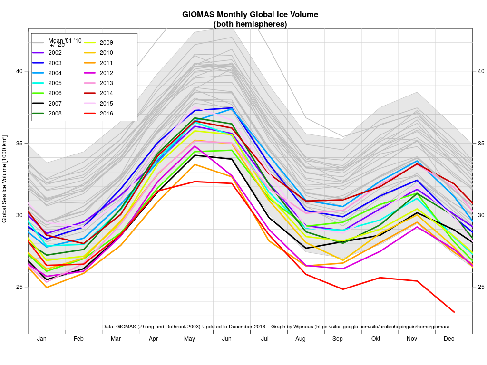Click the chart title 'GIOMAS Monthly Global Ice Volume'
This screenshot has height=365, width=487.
click(x=250, y=15)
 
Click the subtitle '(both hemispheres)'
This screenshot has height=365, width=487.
click(x=250, y=24)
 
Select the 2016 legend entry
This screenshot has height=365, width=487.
click(x=106, y=113)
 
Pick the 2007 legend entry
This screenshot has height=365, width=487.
click(x=55, y=103)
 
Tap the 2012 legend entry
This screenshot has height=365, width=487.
click(x=106, y=73)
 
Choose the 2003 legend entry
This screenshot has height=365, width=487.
click(x=55, y=63)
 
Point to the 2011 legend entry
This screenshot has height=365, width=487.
click(x=106, y=63)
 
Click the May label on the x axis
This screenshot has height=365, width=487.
click(x=190, y=339)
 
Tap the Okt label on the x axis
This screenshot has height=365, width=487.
click(x=376, y=339)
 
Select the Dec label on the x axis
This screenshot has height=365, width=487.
click(x=449, y=339)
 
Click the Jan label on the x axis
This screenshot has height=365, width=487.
click(x=42, y=339)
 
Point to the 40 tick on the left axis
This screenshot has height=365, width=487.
click(x=19, y=71)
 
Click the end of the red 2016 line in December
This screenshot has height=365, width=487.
click(x=454, y=312)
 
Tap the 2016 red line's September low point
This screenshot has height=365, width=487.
click(x=343, y=289)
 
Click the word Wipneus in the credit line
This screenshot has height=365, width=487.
click(x=298, y=327)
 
